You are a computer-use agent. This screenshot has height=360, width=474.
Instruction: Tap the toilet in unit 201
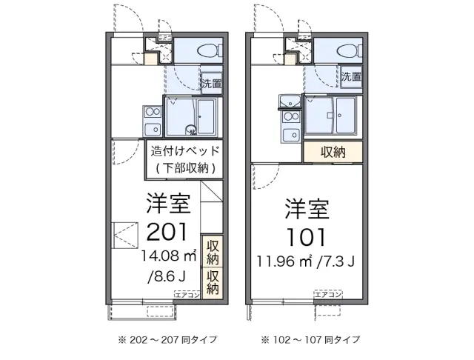207,50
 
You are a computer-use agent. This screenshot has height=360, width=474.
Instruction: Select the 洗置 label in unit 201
212,82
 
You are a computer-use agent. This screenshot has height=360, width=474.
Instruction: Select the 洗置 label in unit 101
351,76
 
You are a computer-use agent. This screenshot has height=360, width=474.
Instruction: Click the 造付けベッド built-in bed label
185,150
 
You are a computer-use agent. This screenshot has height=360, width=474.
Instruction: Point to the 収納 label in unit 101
333,152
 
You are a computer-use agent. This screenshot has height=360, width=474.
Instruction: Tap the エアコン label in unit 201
187,295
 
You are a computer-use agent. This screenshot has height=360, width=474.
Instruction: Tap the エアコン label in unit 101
327,295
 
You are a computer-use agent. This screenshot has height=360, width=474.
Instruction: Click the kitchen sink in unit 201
151,113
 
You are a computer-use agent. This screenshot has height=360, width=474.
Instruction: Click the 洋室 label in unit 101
304,209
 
